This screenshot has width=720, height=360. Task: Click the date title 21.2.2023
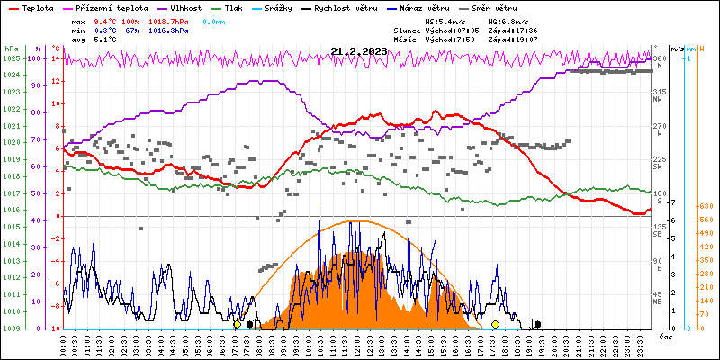358,51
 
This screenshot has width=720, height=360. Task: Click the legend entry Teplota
37,7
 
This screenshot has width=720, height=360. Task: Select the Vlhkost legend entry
186,7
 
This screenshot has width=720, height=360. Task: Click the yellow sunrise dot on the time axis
238,324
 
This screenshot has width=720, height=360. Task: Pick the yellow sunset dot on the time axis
495,324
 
